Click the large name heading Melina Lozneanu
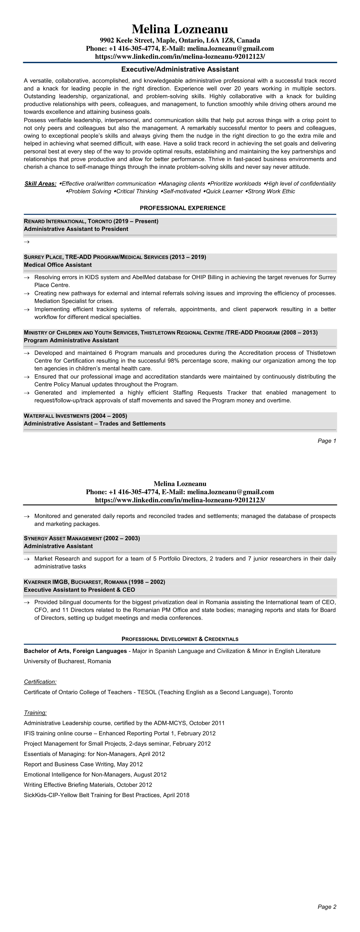pyautogui.click(x=180, y=29)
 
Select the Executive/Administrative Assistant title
pyautogui.click(x=180, y=69)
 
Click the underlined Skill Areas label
pyautogui.click(x=40, y=184)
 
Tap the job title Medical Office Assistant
pyautogui.click(x=58, y=265)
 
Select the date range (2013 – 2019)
pyautogui.click(x=188, y=257)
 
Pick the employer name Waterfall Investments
pyautogui.click(x=57, y=416)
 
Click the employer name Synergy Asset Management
pyautogui.click(x=63, y=538)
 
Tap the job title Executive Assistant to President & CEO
pyautogui.click(x=79, y=590)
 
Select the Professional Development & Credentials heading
pyautogui.click(x=180, y=639)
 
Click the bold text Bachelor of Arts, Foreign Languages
pyautogui.click(x=75, y=651)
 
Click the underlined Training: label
pyautogui.click(x=35, y=713)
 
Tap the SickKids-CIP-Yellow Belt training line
pyautogui.click(x=106, y=795)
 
